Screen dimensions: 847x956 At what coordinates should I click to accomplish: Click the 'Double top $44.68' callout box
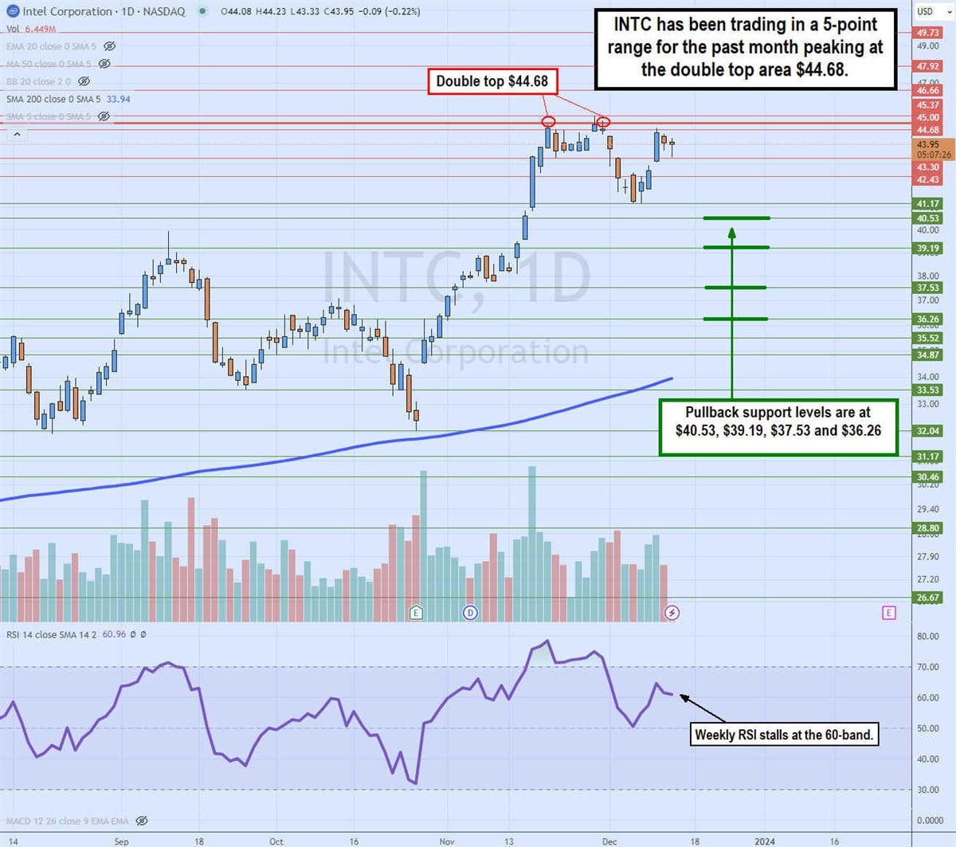[492, 81]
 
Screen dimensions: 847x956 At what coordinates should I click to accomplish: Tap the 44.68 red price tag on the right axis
[927, 130]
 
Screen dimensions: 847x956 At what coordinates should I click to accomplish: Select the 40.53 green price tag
[927, 218]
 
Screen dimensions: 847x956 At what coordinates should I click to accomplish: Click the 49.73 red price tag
[927, 33]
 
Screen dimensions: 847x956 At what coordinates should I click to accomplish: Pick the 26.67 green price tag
[927, 598]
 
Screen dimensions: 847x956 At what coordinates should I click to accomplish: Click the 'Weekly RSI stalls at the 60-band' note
[785, 735]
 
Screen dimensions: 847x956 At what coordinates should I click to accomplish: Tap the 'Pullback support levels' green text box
[778, 422]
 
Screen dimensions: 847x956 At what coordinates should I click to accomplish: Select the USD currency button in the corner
[925, 11]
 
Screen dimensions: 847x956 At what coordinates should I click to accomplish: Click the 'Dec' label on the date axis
[609, 841]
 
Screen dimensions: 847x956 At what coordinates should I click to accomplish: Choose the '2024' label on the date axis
[764, 841]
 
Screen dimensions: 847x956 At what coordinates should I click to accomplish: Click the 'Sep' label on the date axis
[121, 841]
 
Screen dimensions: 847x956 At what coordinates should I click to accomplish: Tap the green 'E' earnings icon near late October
[415, 613]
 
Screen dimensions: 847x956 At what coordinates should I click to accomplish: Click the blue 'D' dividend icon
[470, 613]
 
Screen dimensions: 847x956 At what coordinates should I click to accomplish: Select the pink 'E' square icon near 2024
[889, 613]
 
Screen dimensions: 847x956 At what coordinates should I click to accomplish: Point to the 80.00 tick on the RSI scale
[927, 637]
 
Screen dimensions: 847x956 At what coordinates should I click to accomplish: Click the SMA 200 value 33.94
[118, 99]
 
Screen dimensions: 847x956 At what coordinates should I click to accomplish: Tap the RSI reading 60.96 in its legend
[114, 634]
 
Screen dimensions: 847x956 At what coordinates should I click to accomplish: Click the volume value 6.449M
[40, 29]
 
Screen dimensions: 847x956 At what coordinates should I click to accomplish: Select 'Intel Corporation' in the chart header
[67, 11]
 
